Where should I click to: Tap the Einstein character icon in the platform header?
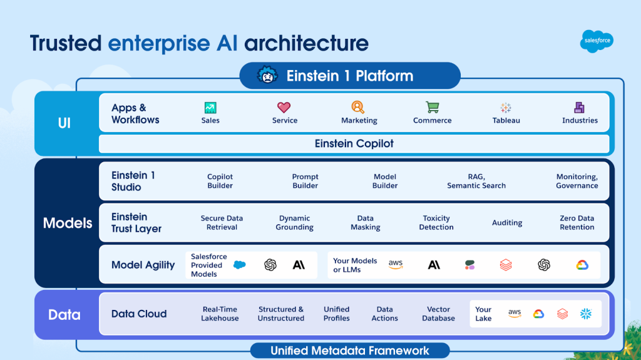pos(267,76)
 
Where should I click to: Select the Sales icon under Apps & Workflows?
pos(210,108)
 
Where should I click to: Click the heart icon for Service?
pos(284,108)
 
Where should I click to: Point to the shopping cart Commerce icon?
pos(432,108)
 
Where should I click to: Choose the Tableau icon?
pos(506,108)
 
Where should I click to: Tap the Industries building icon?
pos(580,108)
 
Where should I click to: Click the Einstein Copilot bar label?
pos(354,143)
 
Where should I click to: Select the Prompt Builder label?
pos(305,181)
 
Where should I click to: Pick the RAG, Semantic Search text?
pos(476,181)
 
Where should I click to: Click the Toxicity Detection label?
pos(436,223)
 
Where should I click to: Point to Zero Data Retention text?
pos(577,223)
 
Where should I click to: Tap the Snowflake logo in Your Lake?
pos(587,314)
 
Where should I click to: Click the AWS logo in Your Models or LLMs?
pos(396,265)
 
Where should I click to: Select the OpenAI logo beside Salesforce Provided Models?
pos(270,265)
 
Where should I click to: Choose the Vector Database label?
pos(438,314)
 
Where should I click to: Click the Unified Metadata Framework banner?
pos(350,351)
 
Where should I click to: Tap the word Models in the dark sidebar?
pos(68,223)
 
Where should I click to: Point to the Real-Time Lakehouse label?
pos(220,314)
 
